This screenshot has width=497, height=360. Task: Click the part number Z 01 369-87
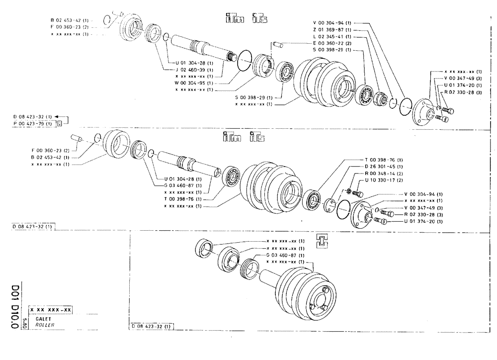point(332,30)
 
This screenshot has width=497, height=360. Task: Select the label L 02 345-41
point(332,36)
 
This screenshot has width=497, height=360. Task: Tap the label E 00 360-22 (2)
point(332,43)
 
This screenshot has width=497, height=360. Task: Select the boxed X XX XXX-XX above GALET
point(51,310)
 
